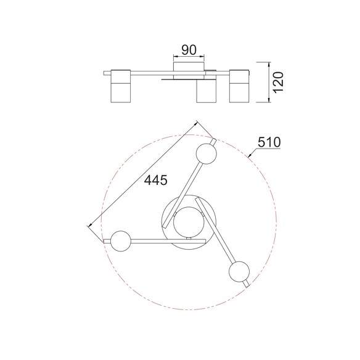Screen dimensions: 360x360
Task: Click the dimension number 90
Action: point(189,50)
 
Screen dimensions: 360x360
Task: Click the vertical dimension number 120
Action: point(279,83)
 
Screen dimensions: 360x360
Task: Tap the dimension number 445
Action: point(156,180)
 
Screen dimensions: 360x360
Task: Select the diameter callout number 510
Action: point(269,142)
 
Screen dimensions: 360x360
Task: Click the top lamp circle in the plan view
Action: point(206,154)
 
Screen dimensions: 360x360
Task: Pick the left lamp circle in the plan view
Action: point(121,241)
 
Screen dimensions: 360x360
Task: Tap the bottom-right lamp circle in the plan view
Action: point(239,271)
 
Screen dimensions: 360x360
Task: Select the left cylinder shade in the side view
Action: point(121,86)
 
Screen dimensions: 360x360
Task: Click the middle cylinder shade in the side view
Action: point(206,91)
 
